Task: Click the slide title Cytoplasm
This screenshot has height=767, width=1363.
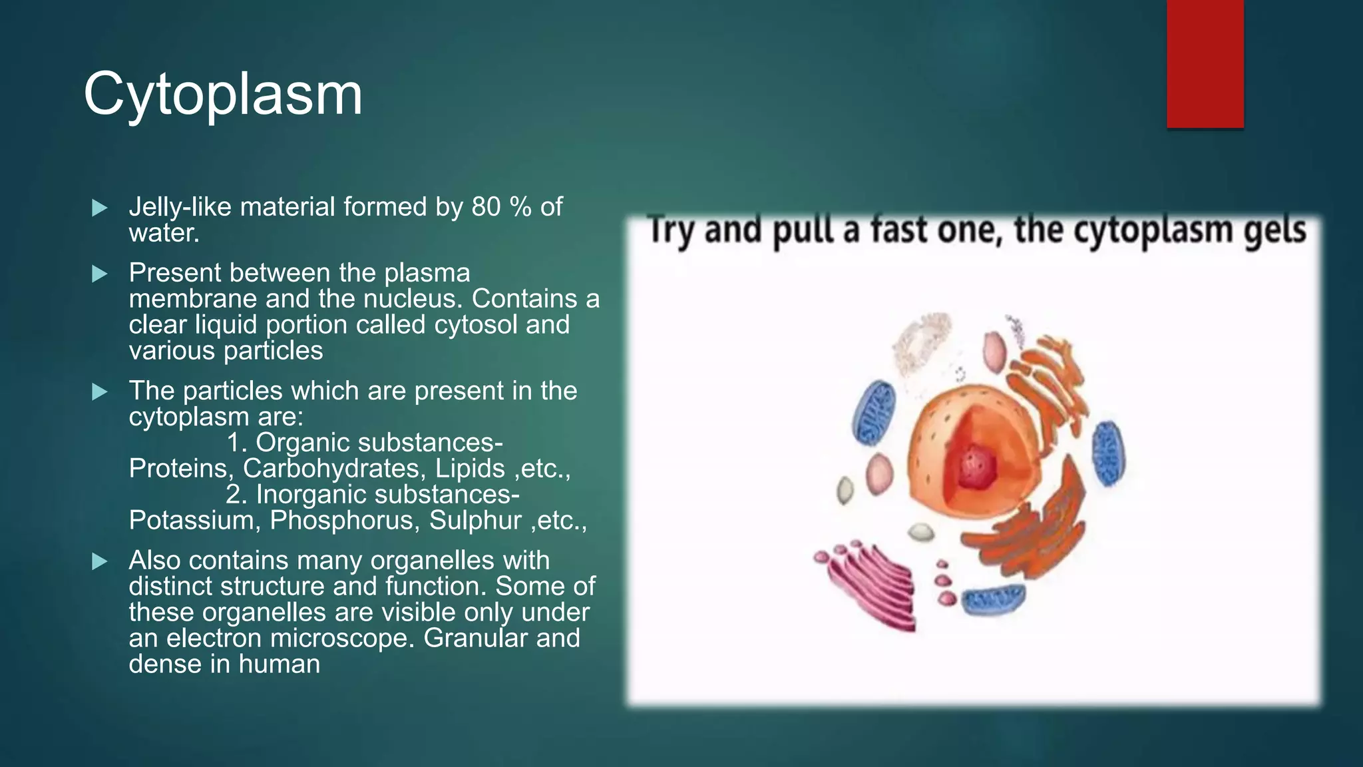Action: (x=223, y=95)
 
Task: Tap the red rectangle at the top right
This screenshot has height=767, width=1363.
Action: (x=1205, y=63)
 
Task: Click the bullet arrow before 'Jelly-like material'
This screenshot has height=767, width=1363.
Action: (x=100, y=208)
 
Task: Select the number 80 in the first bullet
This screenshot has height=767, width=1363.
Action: (x=486, y=207)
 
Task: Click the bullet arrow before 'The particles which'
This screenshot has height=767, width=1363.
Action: (x=100, y=391)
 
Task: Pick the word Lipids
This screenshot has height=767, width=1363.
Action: (x=470, y=469)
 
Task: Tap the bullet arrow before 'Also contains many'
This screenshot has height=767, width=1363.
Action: (x=100, y=561)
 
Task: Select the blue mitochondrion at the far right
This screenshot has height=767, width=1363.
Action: (x=1108, y=453)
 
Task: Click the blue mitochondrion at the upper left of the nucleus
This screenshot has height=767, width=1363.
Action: (x=874, y=413)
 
